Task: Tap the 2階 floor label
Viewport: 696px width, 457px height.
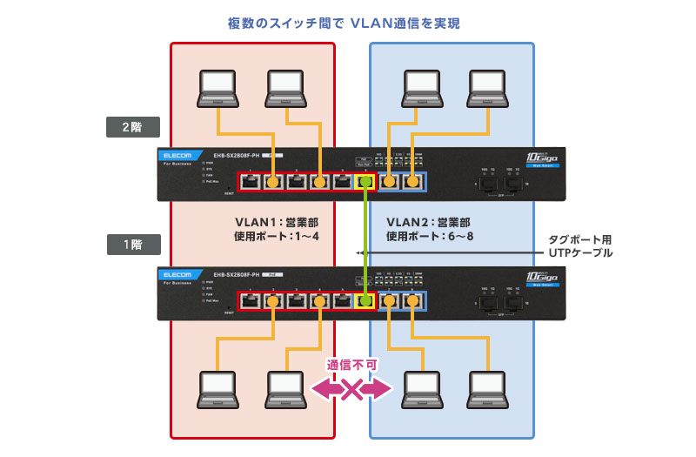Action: pyautogui.click(x=133, y=127)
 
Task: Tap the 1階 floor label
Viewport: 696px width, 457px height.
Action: pyautogui.click(x=133, y=245)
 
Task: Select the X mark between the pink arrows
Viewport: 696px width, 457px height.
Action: pyautogui.click(x=351, y=388)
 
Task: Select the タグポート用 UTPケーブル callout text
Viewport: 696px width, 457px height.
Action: pyautogui.click(x=580, y=245)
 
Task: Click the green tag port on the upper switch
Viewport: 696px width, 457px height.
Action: pyautogui.click(x=365, y=183)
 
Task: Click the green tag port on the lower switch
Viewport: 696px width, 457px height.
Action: pyautogui.click(x=365, y=300)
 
